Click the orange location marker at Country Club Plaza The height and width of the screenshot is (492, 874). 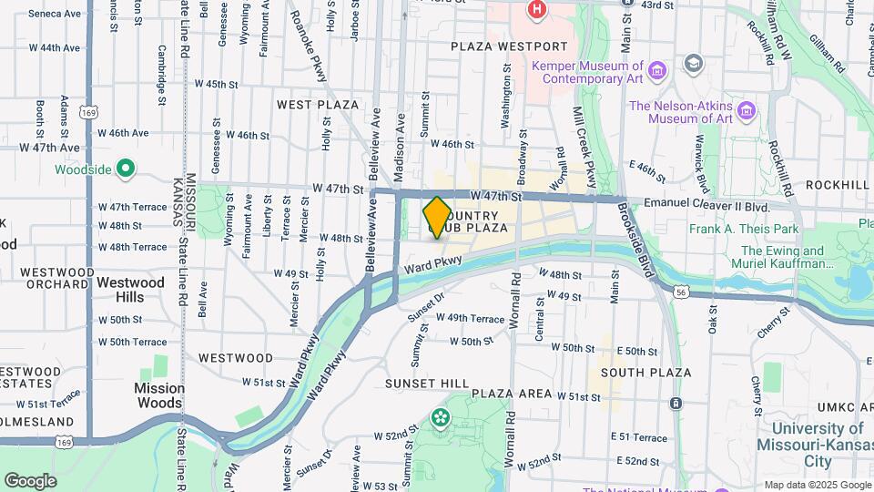click(x=437, y=217)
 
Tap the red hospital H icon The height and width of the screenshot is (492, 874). click(x=537, y=9)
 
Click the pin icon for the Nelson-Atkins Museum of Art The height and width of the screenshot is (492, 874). click(x=747, y=111)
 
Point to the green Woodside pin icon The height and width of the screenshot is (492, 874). click(x=127, y=169)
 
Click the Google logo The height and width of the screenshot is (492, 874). click(x=30, y=480)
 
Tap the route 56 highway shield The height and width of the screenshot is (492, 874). click(x=681, y=291)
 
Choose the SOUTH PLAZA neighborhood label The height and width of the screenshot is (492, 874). click(x=645, y=373)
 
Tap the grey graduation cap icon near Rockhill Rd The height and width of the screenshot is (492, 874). click(x=694, y=63)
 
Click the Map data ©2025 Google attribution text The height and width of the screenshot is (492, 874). click(x=817, y=485)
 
